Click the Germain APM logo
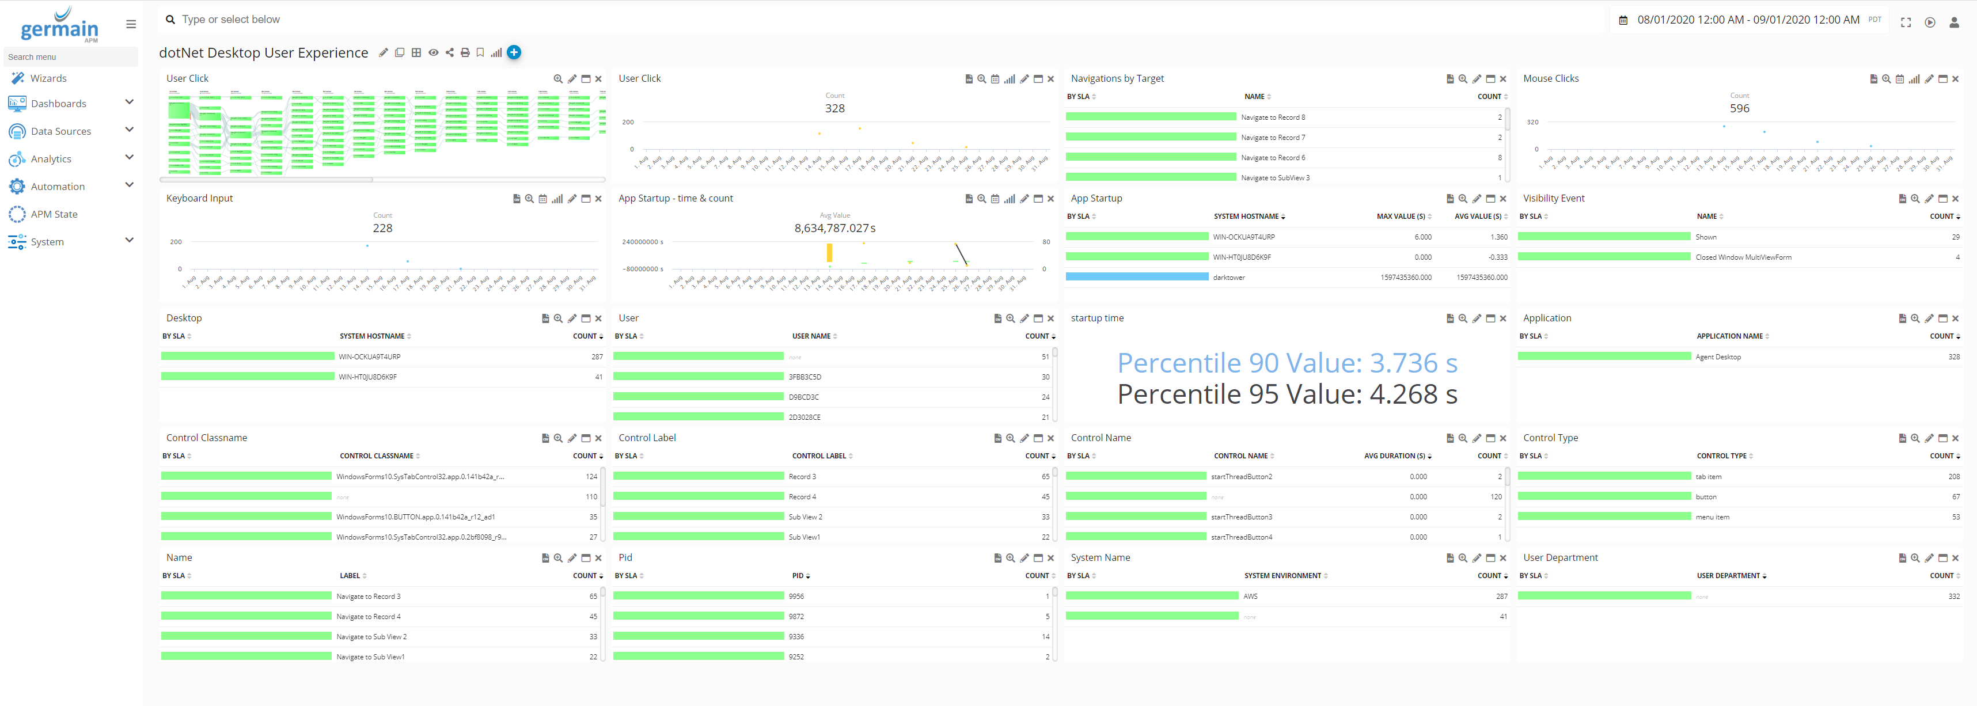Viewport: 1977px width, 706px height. coord(60,25)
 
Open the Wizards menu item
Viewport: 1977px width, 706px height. coord(48,78)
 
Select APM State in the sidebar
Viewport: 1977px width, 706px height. coord(54,214)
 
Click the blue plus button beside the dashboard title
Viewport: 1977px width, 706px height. coord(514,52)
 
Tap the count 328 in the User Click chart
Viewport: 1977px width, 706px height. coord(834,108)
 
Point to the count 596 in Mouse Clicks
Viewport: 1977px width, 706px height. coord(1739,108)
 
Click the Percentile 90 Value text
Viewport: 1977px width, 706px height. coord(1287,362)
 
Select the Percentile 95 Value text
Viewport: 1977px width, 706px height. coord(1287,394)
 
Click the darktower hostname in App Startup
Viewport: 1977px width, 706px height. coord(1229,278)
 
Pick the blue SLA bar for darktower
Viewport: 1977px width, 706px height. coord(1137,277)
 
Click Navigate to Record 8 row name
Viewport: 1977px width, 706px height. coord(1273,117)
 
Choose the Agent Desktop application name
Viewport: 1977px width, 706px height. coord(1718,357)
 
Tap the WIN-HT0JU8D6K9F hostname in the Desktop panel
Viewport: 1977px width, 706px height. coord(367,377)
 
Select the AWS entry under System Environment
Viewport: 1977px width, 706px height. coord(1250,596)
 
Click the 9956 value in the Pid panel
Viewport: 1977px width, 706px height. coord(796,596)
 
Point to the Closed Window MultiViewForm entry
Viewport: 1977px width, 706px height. coord(1743,257)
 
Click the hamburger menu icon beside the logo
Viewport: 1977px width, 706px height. coord(131,25)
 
